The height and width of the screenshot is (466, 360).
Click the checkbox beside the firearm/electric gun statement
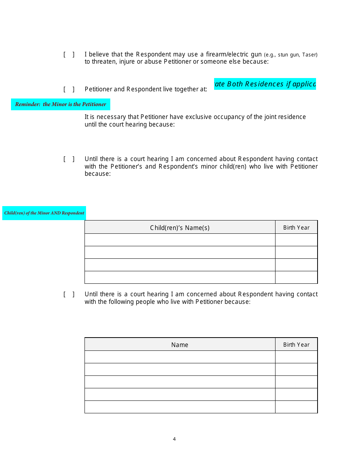(x=69, y=55)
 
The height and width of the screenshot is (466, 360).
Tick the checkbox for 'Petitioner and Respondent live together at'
(x=69, y=89)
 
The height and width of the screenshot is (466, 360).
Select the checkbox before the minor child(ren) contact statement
(x=69, y=159)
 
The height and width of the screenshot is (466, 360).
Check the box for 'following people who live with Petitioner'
(x=69, y=294)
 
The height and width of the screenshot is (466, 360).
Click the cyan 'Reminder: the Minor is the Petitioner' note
(x=61, y=104)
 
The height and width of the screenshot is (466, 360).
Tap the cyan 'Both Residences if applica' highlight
(x=265, y=84)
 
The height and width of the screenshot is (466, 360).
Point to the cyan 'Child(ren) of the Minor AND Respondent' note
(x=44, y=213)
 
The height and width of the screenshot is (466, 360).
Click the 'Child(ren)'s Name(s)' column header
(x=180, y=228)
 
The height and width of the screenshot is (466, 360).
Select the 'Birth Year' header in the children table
(x=296, y=228)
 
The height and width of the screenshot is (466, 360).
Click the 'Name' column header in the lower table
(x=180, y=345)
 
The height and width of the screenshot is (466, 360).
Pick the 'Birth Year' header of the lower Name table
(x=296, y=345)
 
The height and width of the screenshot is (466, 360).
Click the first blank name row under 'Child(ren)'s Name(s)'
(x=180, y=240)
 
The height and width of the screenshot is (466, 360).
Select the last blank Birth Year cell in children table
(x=296, y=277)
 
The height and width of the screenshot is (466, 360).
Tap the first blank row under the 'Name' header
(x=180, y=357)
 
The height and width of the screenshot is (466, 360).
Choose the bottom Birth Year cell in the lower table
(x=296, y=407)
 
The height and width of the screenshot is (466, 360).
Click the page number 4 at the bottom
(x=174, y=439)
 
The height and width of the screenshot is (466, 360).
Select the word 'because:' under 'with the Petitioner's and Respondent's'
(x=97, y=174)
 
